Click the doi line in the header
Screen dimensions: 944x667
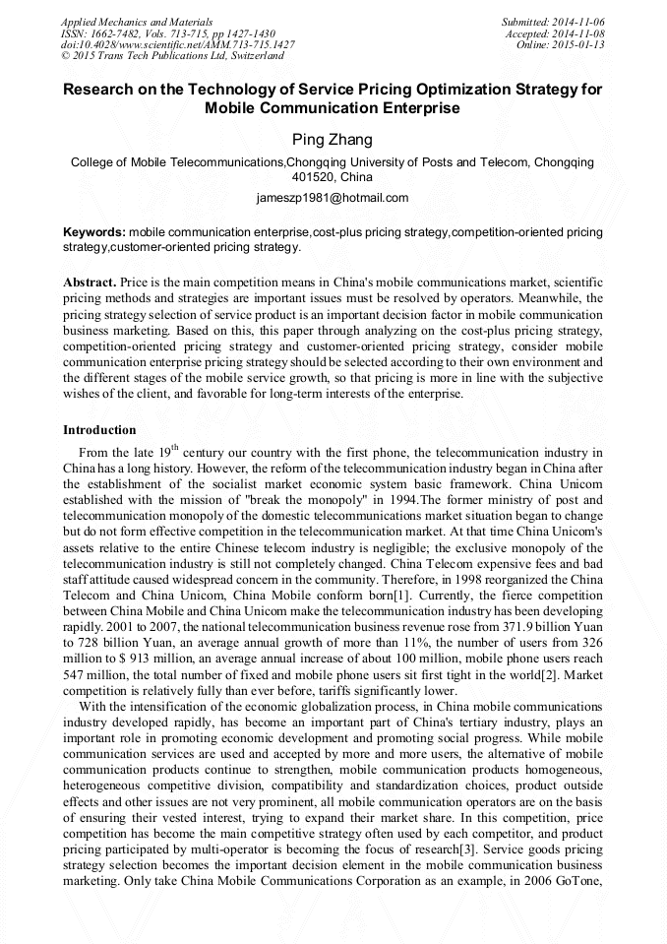pyautogui.click(x=177, y=44)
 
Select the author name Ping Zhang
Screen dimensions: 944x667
pyautogui.click(x=333, y=140)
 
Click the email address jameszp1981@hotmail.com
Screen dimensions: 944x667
pyautogui.click(x=333, y=198)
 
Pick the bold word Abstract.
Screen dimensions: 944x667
pyautogui.click(x=91, y=281)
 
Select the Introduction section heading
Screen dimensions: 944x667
pyautogui.click(x=99, y=430)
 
